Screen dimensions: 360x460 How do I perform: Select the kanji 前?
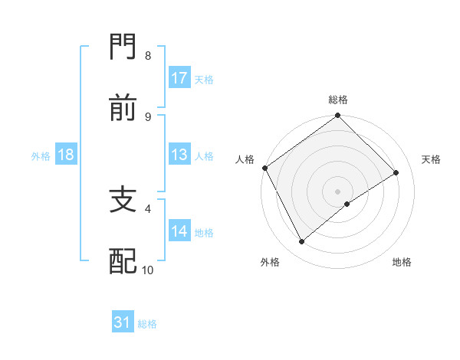(x=123, y=109)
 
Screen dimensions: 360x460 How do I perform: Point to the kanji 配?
(x=123, y=260)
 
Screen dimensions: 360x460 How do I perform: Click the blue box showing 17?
(x=179, y=78)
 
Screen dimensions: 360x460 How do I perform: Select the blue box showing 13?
(x=179, y=155)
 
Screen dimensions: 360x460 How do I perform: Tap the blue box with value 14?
(x=179, y=231)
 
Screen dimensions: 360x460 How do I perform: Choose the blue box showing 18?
(x=66, y=155)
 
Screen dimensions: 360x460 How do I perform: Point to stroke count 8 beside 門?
(x=147, y=56)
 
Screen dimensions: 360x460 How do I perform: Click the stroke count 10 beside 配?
(x=148, y=270)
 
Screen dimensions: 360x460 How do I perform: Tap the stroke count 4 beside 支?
(x=147, y=208)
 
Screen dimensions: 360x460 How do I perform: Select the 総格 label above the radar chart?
(x=338, y=100)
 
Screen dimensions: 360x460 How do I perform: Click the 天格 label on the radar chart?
(x=432, y=159)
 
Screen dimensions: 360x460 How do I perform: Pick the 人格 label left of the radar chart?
(x=245, y=159)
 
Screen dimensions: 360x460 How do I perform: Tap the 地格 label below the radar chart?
(x=402, y=263)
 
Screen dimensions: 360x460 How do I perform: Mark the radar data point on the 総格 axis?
(x=338, y=116)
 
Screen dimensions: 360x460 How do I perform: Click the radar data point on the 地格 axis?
(x=347, y=204)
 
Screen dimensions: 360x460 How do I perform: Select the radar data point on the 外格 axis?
(x=302, y=242)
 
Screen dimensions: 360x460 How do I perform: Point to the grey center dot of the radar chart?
(x=338, y=191)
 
